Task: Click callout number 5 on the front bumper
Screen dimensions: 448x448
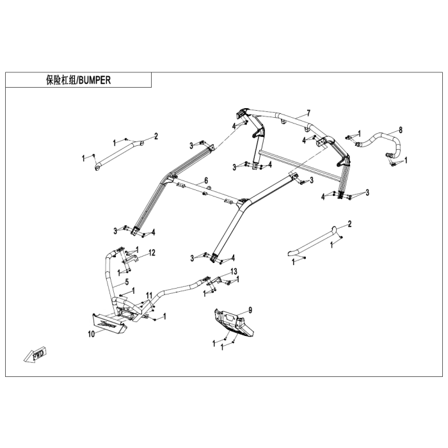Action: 127,282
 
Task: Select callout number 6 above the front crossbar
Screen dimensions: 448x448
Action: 206,180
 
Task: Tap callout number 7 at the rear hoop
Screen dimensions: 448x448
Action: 308,113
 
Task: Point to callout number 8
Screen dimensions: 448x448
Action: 401,130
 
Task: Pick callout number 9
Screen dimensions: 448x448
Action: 250,310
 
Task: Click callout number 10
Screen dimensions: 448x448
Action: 90,333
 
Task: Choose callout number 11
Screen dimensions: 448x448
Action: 148,294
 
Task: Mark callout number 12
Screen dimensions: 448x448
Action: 152,253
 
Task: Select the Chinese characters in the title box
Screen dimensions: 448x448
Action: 60,80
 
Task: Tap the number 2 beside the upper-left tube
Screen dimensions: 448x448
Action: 156,136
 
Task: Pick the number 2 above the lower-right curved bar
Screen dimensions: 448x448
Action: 349,223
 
